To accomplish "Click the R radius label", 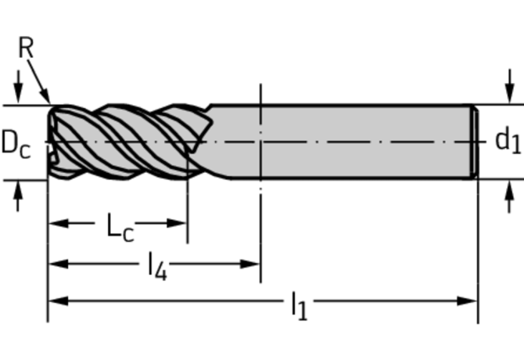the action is point(26,48).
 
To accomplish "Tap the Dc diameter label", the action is point(16,144).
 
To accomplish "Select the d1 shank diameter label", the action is point(508,140).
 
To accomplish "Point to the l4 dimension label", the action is point(157,266).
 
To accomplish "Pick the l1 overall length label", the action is point(299,306).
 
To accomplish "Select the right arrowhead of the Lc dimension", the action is point(177,223).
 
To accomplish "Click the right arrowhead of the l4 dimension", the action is point(250,264).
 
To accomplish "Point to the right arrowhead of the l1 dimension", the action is point(467,301).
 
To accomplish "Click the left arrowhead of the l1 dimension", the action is point(59,301).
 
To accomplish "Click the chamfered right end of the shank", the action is point(475,142).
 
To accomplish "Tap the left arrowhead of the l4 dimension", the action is point(59,264).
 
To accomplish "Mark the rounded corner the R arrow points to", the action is point(52,109).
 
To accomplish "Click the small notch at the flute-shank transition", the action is point(209,107).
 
